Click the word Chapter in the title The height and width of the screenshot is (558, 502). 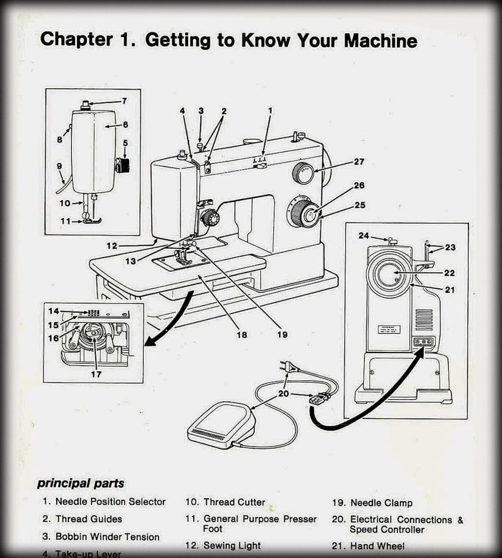(x=76, y=40)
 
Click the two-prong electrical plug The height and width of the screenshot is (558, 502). (x=288, y=367)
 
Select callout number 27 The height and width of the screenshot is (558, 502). (x=359, y=161)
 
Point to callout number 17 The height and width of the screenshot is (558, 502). (x=96, y=374)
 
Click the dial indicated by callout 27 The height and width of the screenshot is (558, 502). (x=303, y=172)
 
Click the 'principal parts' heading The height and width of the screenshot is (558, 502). (x=81, y=483)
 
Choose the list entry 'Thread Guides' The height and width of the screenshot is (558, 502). (x=89, y=519)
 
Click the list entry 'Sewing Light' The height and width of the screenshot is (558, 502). (x=232, y=546)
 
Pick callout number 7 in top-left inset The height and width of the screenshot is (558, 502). (x=124, y=101)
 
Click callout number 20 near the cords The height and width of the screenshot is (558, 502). (x=284, y=393)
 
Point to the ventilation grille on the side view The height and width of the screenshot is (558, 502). (x=424, y=320)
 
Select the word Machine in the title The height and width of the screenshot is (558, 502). (x=380, y=40)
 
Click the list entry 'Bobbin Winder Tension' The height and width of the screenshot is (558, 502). (x=107, y=536)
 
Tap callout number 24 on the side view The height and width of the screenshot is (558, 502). (x=363, y=236)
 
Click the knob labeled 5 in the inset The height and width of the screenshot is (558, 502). (x=123, y=166)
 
